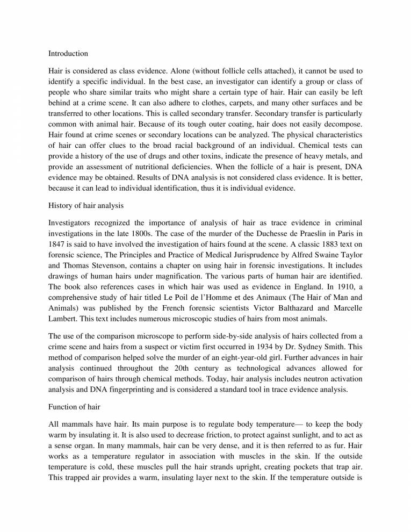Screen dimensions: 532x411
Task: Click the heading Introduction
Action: coord(68,54)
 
